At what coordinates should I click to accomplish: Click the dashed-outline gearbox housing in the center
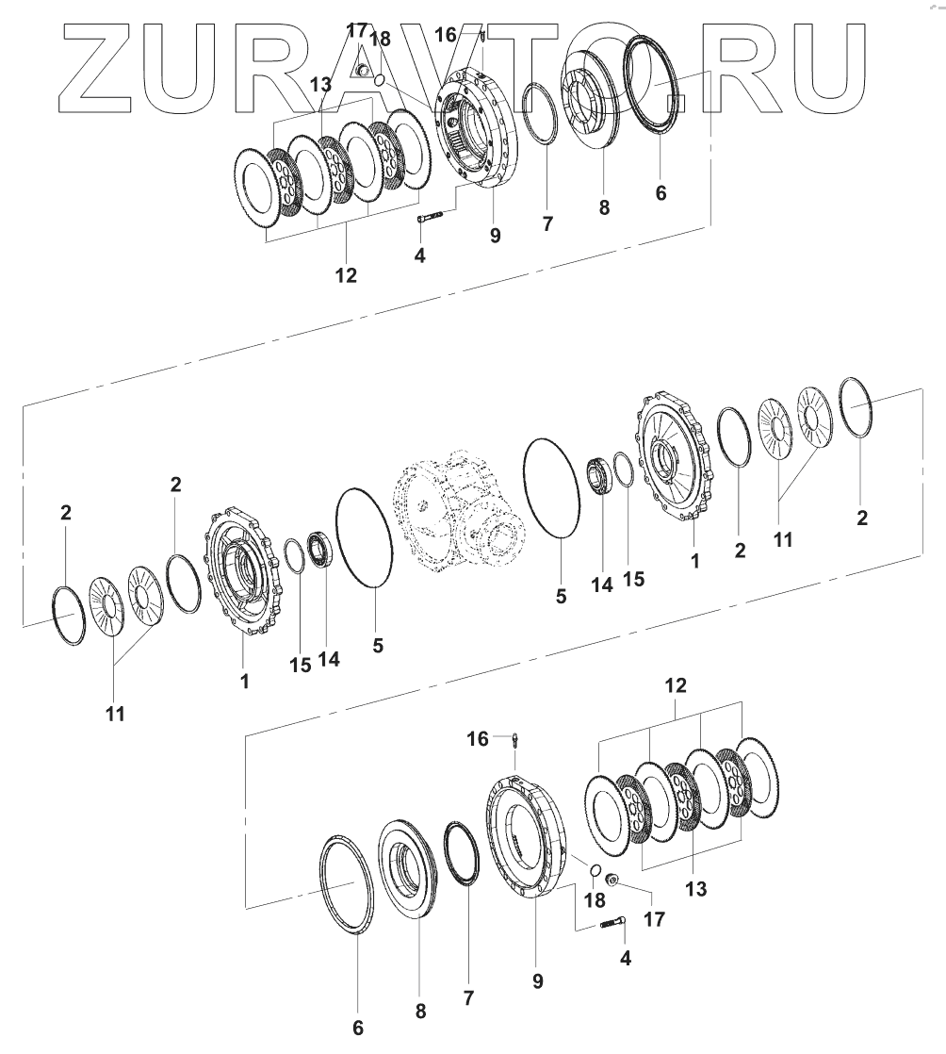pyautogui.click(x=464, y=514)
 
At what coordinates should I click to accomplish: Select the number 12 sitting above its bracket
pyautogui.click(x=676, y=685)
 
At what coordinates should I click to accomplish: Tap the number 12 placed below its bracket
pyautogui.click(x=346, y=275)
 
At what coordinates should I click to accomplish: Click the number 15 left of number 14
pyautogui.click(x=301, y=665)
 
